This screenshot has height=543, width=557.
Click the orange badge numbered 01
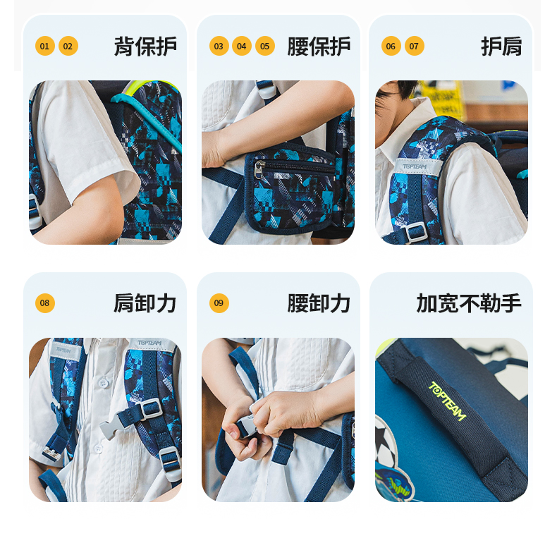pos(44,46)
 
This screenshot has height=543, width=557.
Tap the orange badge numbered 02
pos(68,46)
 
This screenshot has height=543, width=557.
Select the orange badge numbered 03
pos(219,46)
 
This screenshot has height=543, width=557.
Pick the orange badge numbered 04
pos(242,46)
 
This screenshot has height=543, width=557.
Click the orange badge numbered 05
pos(265,46)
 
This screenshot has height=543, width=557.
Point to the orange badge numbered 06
pos(391,46)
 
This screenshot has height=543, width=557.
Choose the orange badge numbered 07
pos(414,46)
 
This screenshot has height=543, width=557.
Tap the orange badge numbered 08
pos(44,303)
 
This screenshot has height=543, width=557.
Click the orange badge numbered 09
pos(219,303)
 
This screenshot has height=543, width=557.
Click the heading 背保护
pos(145,47)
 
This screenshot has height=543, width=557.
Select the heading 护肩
pos(501,47)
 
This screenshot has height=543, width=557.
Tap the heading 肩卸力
pos(145,303)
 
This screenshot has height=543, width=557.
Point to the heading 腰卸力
pos(319,303)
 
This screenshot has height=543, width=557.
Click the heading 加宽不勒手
pos(469,303)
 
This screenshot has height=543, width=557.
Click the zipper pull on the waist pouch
pos(259,169)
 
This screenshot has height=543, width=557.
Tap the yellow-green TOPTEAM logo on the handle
pos(447,401)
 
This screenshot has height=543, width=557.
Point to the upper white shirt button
pos(104,383)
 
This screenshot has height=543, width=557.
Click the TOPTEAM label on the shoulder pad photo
pos(415,166)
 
